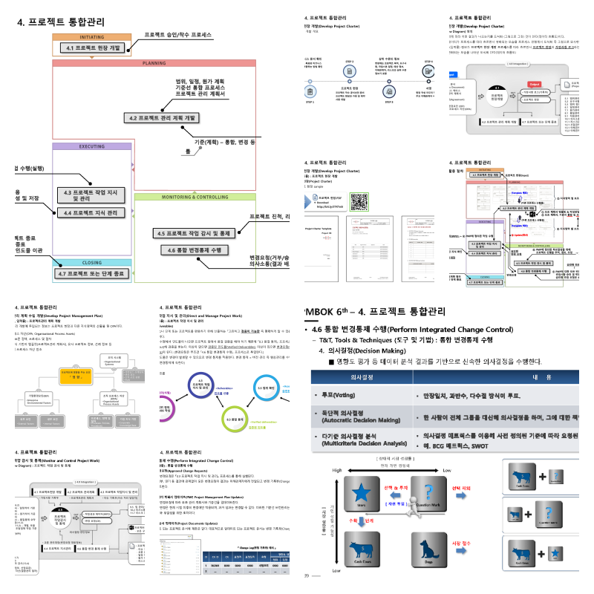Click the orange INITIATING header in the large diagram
pos(91,36)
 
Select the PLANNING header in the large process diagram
pos(154,63)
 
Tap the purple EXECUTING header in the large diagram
pos(92,146)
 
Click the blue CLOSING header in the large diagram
pos(92,262)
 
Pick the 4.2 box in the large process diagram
pos(163,117)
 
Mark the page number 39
pos(307,575)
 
